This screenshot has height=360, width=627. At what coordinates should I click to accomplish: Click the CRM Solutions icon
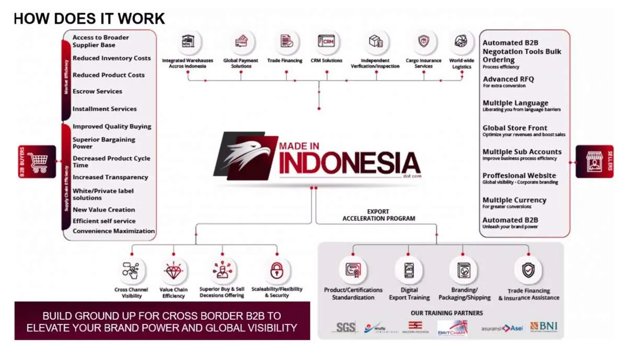point(326,41)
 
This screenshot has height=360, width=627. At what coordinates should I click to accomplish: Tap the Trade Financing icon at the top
point(285,41)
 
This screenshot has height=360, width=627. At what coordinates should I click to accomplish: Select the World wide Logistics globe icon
point(461,41)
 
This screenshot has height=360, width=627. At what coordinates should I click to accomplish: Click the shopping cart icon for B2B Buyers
point(37,161)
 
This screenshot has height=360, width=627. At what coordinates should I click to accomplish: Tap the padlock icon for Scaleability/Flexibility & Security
point(276,270)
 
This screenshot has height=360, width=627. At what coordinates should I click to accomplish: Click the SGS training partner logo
point(345,328)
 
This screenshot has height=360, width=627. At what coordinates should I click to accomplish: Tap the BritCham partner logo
point(452,328)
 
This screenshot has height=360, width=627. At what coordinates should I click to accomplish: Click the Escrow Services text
point(97,91)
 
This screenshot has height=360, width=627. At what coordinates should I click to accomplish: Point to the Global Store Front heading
point(515,128)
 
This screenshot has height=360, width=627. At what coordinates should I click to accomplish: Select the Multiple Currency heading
point(514,200)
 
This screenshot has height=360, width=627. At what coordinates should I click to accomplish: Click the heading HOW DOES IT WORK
point(89,19)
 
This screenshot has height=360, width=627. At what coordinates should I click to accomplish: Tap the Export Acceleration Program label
point(379,215)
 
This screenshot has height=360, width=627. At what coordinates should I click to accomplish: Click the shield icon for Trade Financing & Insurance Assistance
point(528,270)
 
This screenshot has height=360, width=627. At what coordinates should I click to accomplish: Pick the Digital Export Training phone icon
point(409,270)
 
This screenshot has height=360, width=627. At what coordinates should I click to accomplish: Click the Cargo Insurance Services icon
point(423,41)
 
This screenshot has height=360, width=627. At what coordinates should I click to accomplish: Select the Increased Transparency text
point(110,178)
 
